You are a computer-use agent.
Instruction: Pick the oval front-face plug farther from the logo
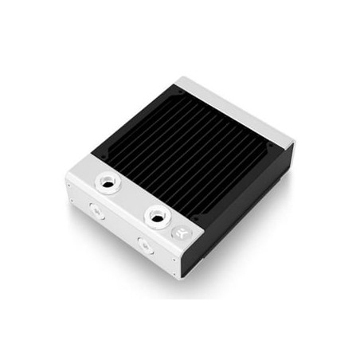point(95,212)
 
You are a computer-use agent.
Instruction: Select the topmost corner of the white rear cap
point(185,77)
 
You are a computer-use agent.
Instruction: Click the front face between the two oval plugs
point(119,229)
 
